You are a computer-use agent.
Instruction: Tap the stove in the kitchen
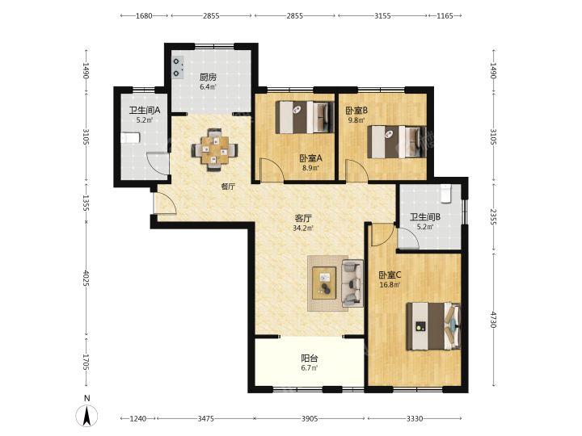click(x=177, y=68)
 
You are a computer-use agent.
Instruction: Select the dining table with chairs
click(x=213, y=150)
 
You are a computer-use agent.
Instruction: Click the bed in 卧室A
click(x=304, y=117)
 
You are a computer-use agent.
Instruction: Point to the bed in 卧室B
click(x=396, y=142)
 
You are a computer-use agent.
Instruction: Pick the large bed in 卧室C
click(x=433, y=326)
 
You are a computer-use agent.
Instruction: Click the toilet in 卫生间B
click(x=445, y=194)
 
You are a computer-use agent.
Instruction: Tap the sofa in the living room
click(x=352, y=283)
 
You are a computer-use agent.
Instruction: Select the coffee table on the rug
click(x=324, y=283)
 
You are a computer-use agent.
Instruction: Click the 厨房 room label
click(x=208, y=78)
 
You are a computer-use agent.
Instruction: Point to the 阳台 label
click(x=309, y=358)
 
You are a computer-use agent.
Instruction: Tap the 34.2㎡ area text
click(x=303, y=228)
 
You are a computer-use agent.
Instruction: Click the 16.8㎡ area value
click(x=390, y=285)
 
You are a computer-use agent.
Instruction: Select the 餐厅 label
click(x=228, y=187)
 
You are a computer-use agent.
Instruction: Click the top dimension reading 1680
click(x=144, y=15)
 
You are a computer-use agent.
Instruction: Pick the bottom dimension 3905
click(x=310, y=418)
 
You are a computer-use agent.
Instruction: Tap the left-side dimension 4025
click(x=86, y=278)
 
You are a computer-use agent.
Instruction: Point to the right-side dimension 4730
click(x=493, y=319)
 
